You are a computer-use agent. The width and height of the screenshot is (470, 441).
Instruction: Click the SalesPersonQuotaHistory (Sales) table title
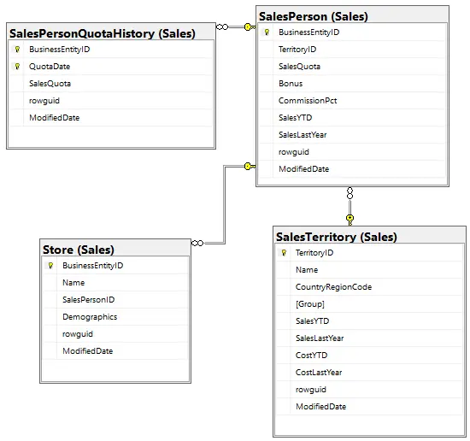(103, 33)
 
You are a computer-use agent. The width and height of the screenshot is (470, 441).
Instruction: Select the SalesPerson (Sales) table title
(314, 16)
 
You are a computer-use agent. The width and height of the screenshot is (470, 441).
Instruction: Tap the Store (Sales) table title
(79, 250)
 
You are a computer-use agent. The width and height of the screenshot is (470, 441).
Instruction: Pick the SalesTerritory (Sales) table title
(337, 237)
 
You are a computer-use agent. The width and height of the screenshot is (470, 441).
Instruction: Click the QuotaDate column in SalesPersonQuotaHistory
(50, 67)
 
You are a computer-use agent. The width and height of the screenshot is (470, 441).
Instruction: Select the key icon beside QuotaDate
(17, 67)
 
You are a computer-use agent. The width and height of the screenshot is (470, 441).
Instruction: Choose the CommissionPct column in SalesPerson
(308, 101)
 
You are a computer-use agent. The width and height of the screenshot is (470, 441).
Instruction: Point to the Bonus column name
(291, 84)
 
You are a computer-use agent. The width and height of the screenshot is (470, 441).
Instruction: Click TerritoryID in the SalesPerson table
(297, 50)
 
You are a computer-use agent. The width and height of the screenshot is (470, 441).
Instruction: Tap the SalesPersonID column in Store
(88, 300)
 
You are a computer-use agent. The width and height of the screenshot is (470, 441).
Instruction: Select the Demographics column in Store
(90, 317)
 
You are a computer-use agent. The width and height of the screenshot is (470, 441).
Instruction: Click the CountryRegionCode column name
(333, 287)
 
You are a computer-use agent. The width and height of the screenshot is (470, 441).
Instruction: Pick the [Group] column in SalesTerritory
(310, 304)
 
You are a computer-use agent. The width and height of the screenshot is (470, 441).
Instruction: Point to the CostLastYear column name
(319, 373)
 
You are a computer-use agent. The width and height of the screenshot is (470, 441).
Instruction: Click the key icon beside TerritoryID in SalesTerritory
(284, 253)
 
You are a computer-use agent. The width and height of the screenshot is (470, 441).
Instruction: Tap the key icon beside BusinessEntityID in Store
(50, 265)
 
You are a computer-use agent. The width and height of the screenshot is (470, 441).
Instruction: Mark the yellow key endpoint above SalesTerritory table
(350, 220)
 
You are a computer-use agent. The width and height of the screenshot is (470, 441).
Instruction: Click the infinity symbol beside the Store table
(197, 243)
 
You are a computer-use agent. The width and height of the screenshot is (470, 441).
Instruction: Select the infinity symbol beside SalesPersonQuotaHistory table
(222, 27)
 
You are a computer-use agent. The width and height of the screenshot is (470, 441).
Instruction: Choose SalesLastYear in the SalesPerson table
(303, 135)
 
